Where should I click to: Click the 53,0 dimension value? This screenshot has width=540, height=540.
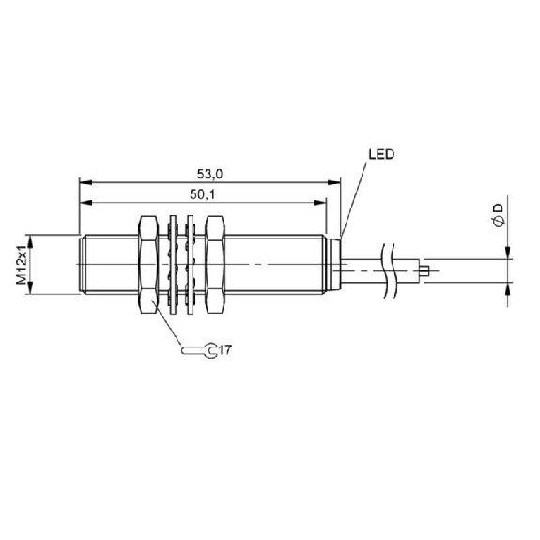209,175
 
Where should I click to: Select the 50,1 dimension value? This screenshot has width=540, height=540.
202,194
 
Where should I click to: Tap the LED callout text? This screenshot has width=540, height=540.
381,154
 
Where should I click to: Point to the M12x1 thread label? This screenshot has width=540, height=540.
22,265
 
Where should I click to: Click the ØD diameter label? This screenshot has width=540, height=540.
498,215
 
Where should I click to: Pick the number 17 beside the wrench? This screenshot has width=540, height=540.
225,350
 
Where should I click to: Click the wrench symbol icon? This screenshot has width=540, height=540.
199,350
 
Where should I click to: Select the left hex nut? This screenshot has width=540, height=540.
148,265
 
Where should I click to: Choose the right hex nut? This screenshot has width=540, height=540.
215,265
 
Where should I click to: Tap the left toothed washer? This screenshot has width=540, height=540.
172,265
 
